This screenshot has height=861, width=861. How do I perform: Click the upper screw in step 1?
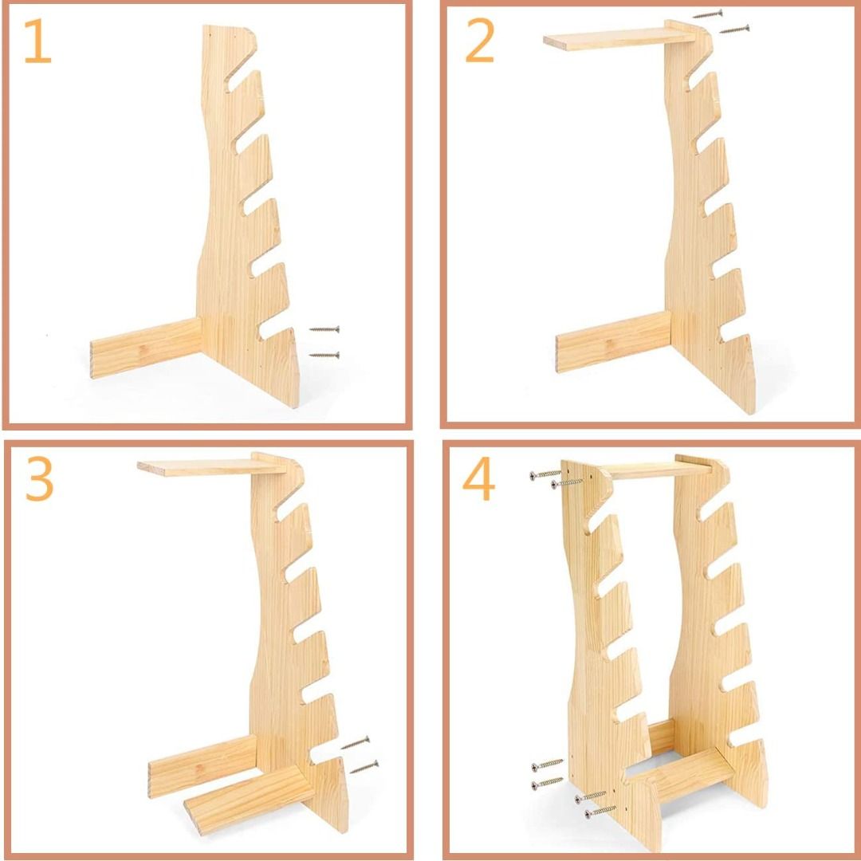pos(324,328)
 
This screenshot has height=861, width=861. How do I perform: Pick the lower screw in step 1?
pos(324,355)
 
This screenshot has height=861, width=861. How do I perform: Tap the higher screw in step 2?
pos(707,14)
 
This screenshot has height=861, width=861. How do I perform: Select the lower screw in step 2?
pos(734,29)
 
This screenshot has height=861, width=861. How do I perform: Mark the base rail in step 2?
pos(611,341)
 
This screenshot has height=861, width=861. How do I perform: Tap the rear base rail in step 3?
pos(202,765)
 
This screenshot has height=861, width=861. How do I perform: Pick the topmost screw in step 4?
pos(546,474)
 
